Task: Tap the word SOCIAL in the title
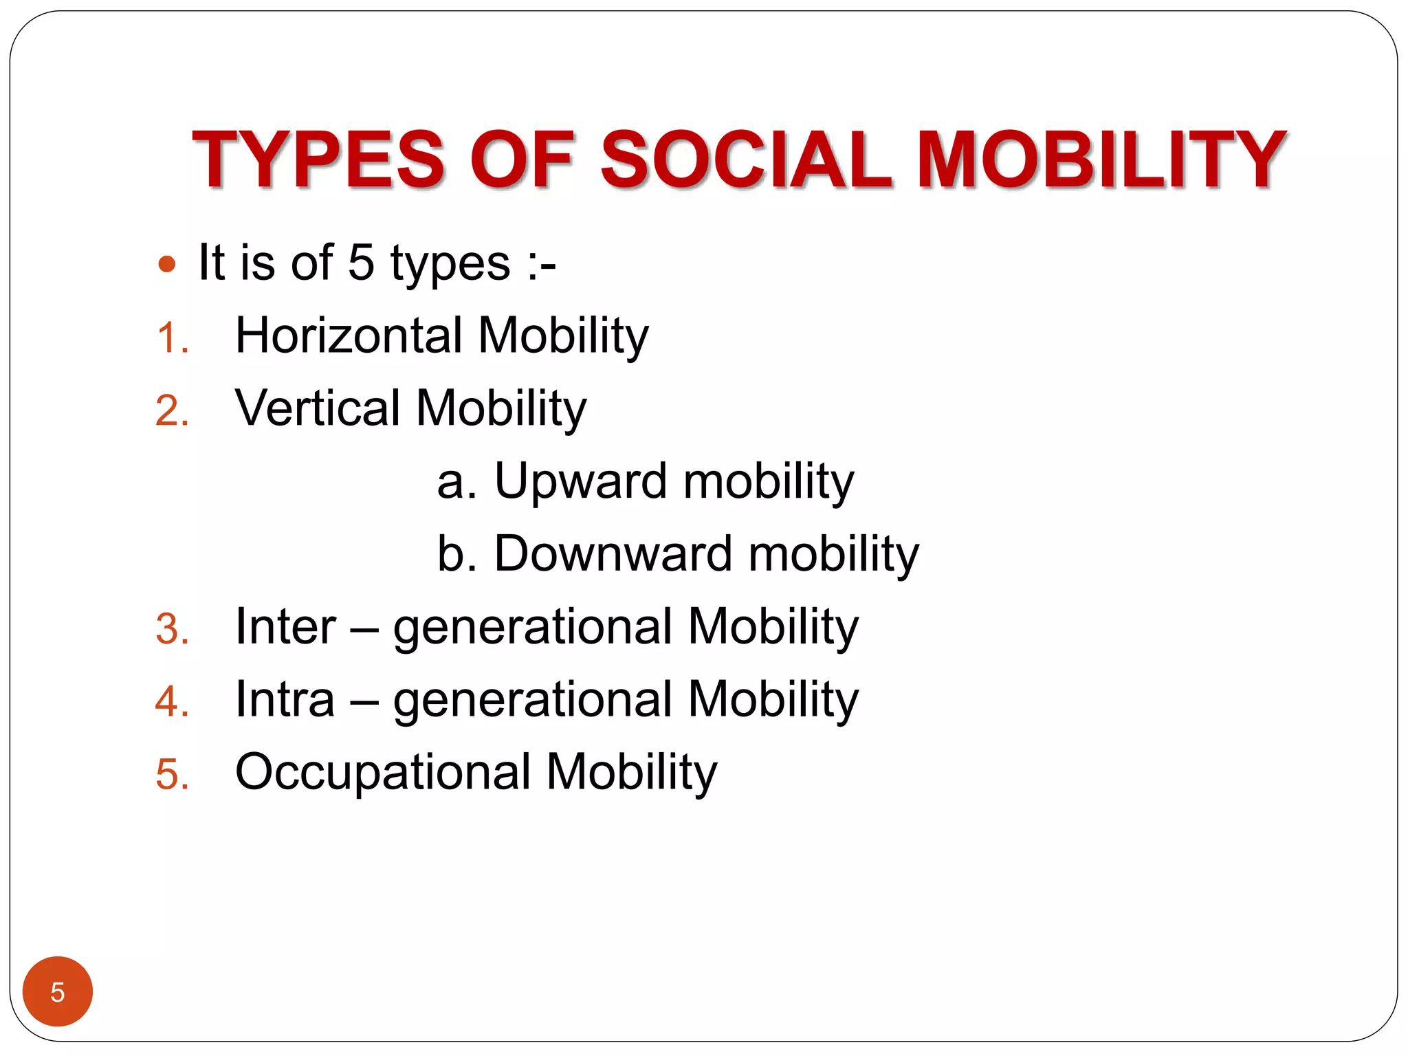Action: pos(746,159)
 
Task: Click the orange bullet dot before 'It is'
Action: pos(167,264)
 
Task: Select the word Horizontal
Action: pos(349,335)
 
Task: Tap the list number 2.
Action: pos(172,411)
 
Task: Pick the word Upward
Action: pos(580,481)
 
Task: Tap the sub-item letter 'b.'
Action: pos(457,553)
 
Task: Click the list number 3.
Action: pos(172,629)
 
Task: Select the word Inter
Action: pos(285,626)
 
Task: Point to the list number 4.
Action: pos(172,702)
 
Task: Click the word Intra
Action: pos(285,699)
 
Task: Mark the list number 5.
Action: pos(172,775)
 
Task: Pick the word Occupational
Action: pos(383,772)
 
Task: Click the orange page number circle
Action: pos(58,991)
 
